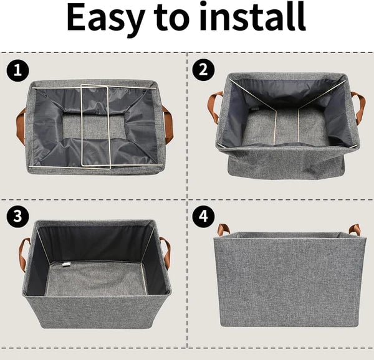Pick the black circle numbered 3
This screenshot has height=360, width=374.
(18, 216)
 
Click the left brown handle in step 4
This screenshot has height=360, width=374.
(223, 229)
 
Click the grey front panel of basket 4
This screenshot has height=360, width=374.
(289, 283)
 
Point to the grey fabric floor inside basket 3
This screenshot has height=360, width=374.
(100, 277)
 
